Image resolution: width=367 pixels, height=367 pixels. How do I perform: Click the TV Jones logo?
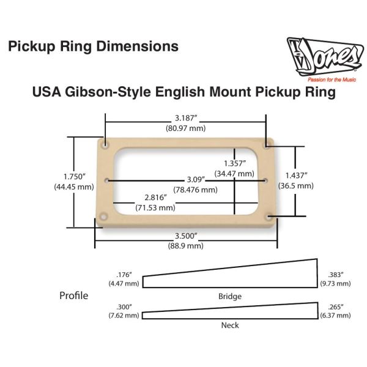click(x=322, y=56)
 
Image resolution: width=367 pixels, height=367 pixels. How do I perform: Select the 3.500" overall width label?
click(x=185, y=235)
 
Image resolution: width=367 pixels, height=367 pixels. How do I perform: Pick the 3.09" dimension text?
click(x=196, y=180)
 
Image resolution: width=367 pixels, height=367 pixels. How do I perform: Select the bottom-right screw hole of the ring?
click(x=268, y=215)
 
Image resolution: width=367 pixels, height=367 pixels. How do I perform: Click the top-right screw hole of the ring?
click(x=268, y=145)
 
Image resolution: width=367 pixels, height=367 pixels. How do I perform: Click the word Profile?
click(x=73, y=296)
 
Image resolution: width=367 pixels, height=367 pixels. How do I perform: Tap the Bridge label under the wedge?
click(x=230, y=297)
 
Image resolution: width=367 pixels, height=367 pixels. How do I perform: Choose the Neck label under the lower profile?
click(x=230, y=325)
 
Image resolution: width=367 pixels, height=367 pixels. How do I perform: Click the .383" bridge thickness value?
click(x=336, y=275)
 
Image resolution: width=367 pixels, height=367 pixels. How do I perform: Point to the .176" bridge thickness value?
click(x=125, y=275)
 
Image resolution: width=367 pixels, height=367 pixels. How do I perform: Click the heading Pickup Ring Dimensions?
click(x=93, y=46)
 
